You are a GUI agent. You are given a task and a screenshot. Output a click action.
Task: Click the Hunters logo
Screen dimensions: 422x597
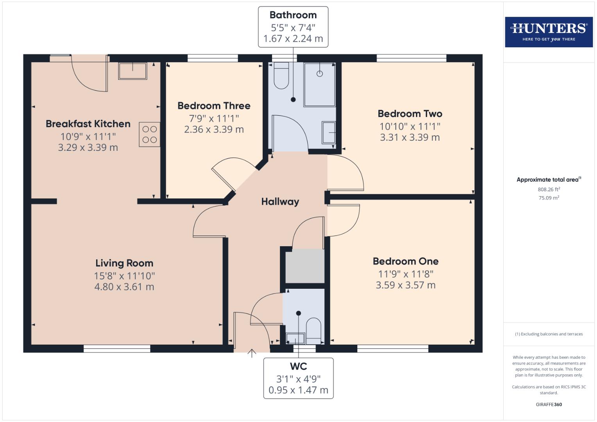click(x=549, y=32)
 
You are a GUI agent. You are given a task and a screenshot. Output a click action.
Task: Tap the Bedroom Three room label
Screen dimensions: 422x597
click(x=214, y=106)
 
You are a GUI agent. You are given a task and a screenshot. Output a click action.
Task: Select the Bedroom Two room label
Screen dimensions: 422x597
click(x=410, y=114)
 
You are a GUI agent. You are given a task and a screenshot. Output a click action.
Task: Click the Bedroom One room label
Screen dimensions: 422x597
click(x=405, y=261)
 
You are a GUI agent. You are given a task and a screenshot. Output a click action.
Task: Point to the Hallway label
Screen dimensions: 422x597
click(x=280, y=202)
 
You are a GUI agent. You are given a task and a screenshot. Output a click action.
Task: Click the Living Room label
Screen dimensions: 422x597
click(x=124, y=263)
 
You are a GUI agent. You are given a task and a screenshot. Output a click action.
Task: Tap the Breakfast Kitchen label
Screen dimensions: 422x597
click(x=88, y=124)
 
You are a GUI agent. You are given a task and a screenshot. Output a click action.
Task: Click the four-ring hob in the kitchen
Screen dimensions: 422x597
click(x=149, y=134)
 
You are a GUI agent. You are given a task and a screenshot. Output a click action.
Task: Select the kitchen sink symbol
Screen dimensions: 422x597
click(x=133, y=71)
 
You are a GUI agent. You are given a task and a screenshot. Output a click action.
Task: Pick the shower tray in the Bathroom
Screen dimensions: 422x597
click(x=320, y=84)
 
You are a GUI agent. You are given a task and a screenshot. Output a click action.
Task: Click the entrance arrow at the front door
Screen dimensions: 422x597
click(x=252, y=353)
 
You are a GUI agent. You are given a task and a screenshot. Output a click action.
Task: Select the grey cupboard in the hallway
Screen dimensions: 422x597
click(x=305, y=266)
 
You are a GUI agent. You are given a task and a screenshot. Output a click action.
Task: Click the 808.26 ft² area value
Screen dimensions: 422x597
click(x=549, y=190)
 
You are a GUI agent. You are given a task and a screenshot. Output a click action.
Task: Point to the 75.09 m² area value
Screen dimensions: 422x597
click(x=549, y=198)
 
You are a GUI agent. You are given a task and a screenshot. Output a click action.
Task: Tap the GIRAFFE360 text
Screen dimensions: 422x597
click(x=549, y=404)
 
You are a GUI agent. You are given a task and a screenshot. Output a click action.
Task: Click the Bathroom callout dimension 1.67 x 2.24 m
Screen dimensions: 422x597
click(x=293, y=39)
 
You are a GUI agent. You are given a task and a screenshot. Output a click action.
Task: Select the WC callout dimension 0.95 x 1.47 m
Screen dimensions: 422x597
click(x=298, y=390)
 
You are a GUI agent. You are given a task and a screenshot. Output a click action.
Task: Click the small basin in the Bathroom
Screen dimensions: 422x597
click(x=329, y=133)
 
